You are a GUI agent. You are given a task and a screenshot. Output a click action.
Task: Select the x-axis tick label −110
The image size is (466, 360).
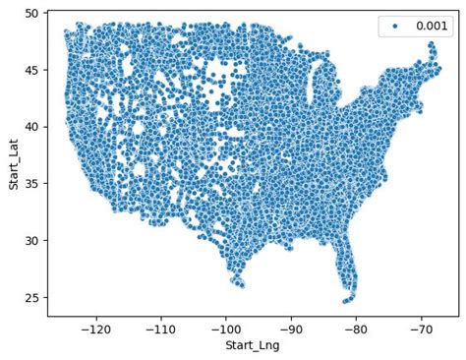point(161,329)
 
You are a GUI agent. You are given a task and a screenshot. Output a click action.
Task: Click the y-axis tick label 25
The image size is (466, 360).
point(32,298)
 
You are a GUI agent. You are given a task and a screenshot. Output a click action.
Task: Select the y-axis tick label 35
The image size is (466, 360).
point(32,184)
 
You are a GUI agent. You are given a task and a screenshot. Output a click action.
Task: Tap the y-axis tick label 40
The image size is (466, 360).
point(32,127)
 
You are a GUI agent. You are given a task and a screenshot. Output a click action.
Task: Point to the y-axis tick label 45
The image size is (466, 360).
point(32,70)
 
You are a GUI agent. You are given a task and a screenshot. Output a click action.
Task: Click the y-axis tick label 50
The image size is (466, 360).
point(32,14)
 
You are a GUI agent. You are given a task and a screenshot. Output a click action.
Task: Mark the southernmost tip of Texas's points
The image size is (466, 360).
point(240,285)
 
